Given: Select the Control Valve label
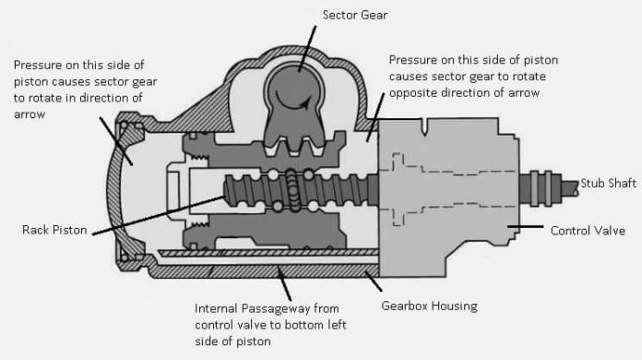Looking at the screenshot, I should click(589, 229).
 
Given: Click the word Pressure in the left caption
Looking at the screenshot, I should click(40, 65).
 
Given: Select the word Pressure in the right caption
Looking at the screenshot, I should click(414, 58).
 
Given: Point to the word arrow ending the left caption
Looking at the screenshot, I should click(30, 116).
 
